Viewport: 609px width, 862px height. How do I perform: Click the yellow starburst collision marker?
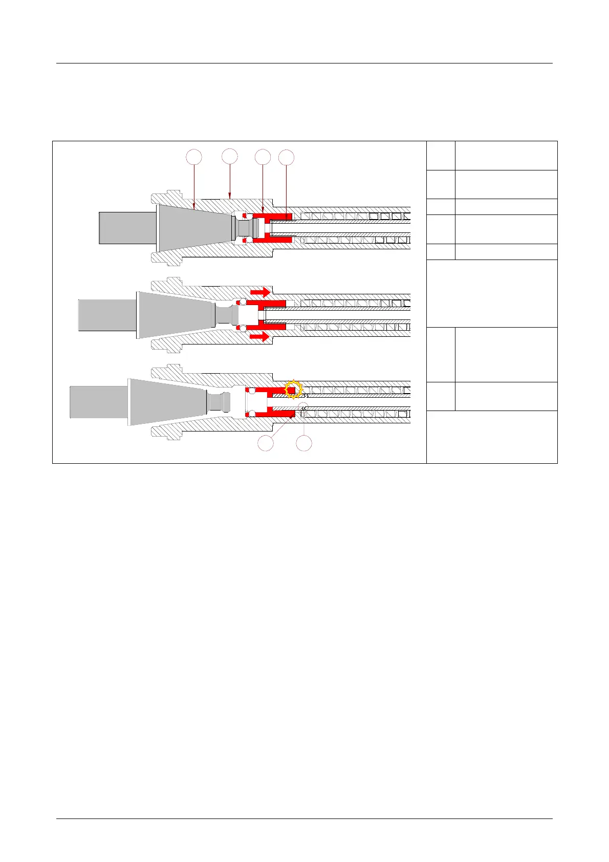[x=293, y=390]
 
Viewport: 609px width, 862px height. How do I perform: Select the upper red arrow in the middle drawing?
[x=260, y=292]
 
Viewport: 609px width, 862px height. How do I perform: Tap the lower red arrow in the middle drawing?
[x=260, y=336]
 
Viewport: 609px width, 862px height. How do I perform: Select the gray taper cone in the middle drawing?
[x=174, y=314]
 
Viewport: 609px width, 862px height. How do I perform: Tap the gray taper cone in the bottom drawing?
[x=166, y=402]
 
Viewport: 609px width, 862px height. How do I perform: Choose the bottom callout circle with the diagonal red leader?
[x=266, y=444]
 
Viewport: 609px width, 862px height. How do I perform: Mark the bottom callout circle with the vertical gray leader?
[x=304, y=444]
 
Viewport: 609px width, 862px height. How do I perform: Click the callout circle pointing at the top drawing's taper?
[x=193, y=157]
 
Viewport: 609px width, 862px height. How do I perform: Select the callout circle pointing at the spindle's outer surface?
[x=230, y=156]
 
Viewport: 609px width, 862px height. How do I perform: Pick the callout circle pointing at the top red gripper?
[x=263, y=157]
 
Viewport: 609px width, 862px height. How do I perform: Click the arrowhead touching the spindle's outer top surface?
[x=230, y=197]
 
